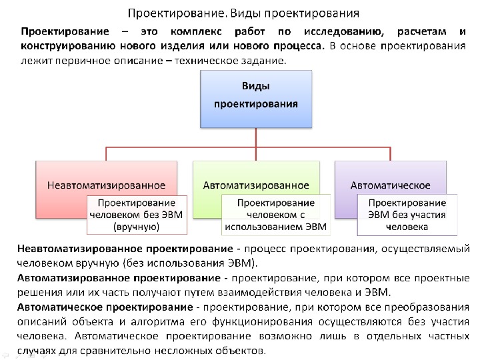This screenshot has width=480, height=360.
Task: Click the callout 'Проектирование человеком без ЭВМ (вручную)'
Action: click(x=136, y=215)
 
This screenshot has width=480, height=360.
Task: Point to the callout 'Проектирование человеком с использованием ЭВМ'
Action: click(x=275, y=215)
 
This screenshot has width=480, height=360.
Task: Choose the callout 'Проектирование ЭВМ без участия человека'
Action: click(x=407, y=215)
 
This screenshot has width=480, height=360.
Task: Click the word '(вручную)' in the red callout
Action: click(x=136, y=227)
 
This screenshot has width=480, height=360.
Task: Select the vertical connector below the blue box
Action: click(x=256, y=135)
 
